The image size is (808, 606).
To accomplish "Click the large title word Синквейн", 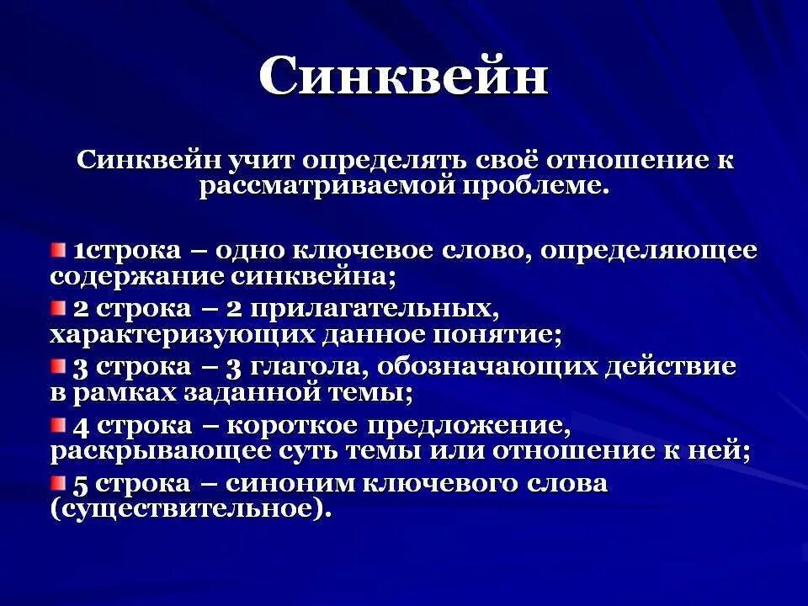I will click(403, 78).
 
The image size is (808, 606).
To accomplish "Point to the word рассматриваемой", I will click(325, 186).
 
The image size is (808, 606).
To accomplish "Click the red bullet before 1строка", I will click(58, 249).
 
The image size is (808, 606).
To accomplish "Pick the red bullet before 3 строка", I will click(58, 366).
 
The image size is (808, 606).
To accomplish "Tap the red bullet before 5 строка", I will click(58, 483).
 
